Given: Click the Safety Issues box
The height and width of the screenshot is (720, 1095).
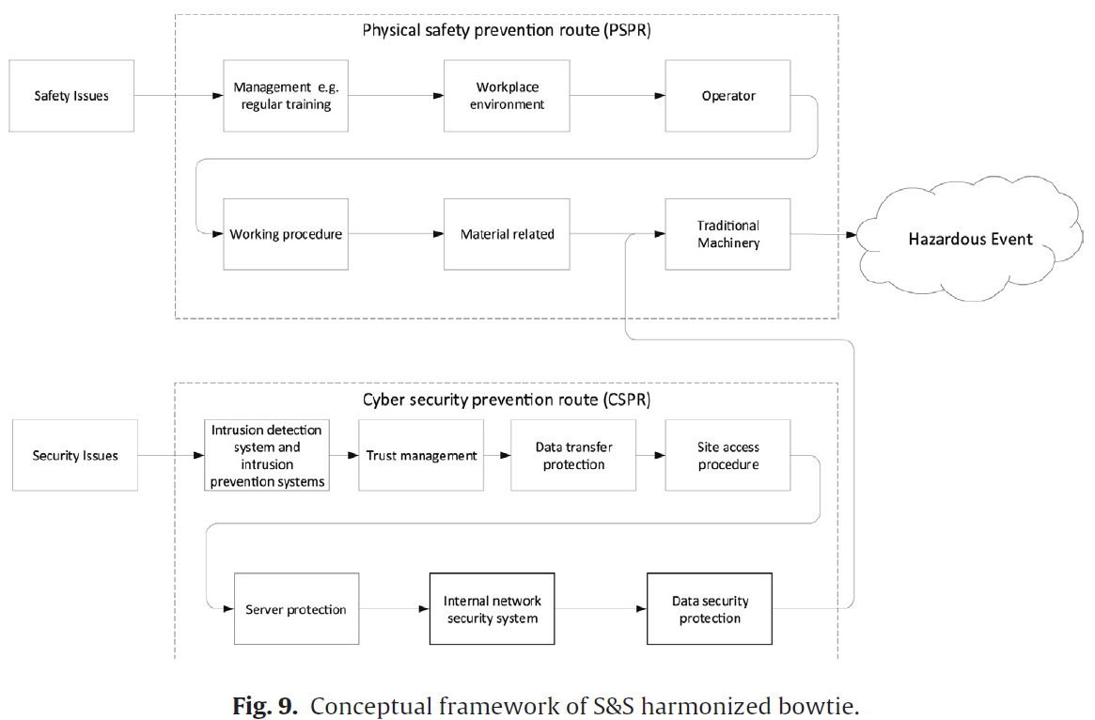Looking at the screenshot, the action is pyautogui.click(x=71, y=96).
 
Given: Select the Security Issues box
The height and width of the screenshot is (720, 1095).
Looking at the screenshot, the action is pyautogui.click(x=74, y=455).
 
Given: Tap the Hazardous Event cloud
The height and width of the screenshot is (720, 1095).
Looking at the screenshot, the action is pyautogui.click(x=969, y=239).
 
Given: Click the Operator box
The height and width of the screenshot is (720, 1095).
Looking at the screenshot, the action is pyautogui.click(x=727, y=96).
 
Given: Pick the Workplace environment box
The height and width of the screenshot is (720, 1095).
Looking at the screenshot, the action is pyautogui.click(x=507, y=96).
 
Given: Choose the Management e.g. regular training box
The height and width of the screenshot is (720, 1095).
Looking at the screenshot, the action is pyautogui.click(x=286, y=96).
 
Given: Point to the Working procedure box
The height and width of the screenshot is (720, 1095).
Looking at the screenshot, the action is pyautogui.click(x=286, y=234).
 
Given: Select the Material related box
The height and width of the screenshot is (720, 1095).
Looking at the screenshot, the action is pyautogui.click(x=507, y=234).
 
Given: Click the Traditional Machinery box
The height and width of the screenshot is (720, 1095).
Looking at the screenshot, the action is pyautogui.click(x=727, y=234).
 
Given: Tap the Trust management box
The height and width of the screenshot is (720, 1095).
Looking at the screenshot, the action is pyautogui.click(x=421, y=455).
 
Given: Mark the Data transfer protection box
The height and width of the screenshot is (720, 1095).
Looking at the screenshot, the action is pyautogui.click(x=573, y=455).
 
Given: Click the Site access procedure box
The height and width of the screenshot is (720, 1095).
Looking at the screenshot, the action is pyautogui.click(x=727, y=455).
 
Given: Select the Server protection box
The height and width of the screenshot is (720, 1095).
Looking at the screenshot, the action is pyautogui.click(x=297, y=609).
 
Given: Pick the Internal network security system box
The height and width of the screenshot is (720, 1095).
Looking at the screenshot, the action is pyautogui.click(x=493, y=609).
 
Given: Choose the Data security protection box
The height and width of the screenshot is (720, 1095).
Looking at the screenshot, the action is pyautogui.click(x=710, y=609).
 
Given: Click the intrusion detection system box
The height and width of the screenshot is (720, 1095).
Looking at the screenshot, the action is pyautogui.click(x=267, y=455).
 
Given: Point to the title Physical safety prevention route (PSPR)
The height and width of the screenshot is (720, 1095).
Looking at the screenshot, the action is pyautogui.click(x=507, y=30).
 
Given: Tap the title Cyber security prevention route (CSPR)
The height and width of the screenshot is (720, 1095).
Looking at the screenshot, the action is pyautogui.click(x=507, y=399).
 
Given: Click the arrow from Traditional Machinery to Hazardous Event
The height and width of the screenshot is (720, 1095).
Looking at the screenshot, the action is pyautogui.click(x=823, y=235).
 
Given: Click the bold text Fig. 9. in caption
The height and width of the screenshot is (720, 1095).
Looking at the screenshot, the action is pyautogui.click(x=265, y=706).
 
